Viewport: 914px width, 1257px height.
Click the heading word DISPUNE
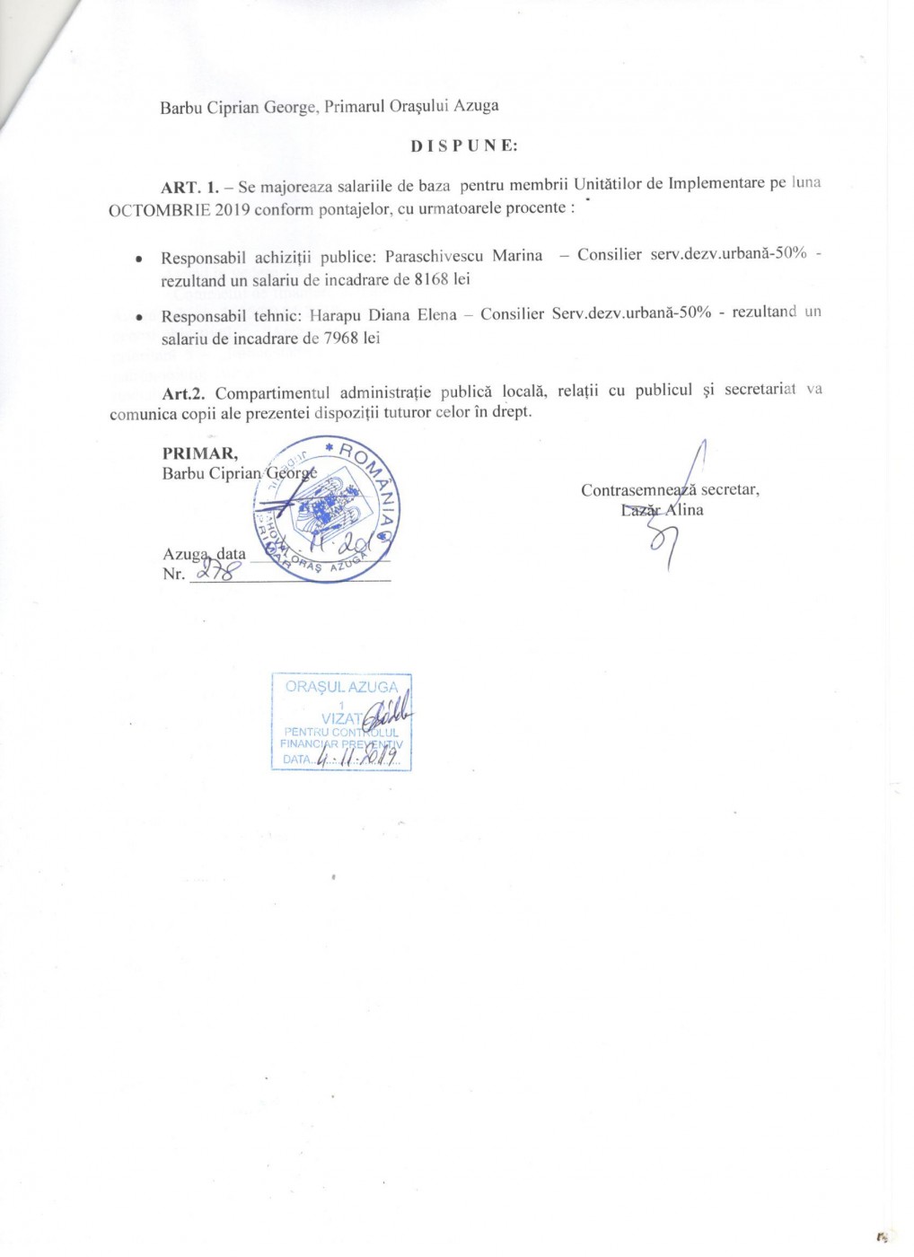tap(464, 145)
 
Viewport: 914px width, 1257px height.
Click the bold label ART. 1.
tap(189, 188)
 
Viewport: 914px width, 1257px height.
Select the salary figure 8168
tap(431, 279)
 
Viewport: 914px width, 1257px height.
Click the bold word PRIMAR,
tap(200, 453)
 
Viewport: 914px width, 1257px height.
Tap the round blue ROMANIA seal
tap(329, 509)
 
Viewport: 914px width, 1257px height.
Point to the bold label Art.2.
tap(184, 392)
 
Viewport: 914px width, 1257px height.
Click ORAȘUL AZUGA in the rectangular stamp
tap(341, 687)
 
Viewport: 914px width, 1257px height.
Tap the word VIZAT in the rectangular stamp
tap(342, 718)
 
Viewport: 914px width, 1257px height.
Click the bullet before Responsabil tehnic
tap(138, 317)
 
